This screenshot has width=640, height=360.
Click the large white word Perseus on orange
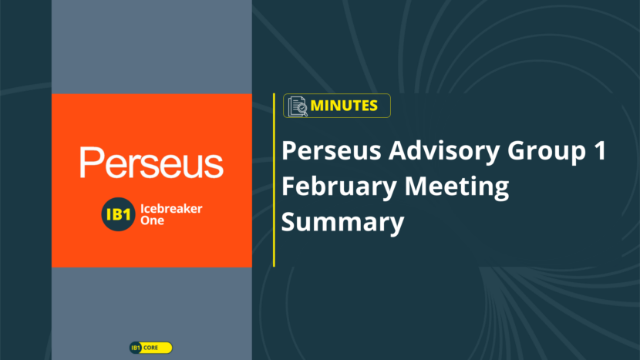pyautogui.click(x=151, y=163)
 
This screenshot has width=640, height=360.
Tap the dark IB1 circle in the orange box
pyautogui.click(x=118, y=214)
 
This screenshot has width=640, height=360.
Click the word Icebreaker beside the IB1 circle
pyautogui.click(x=171, y=209)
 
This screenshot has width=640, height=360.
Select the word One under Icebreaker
pyautogui.click(x=152, y=220)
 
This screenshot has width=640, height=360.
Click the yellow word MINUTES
pyautogui.click(x=344, y=106)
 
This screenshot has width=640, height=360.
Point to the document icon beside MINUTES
pyautogui.click(x=298, y=106)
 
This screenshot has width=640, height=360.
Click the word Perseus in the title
pyautogui.click(x=332, y=150)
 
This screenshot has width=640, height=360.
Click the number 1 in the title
pyautogui.click(x=600, y=150)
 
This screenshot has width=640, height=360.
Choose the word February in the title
pyautogui.click(x=339, y=187)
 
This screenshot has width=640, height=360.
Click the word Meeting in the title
pyautogui.click(x=456, y=187)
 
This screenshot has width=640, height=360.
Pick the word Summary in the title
pyautogui.click(x=343, y=223)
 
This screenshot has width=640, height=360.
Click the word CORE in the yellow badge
pyautogui.click(x=150, y=348)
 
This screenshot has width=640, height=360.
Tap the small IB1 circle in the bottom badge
pyautogui.click(x=136, y=348)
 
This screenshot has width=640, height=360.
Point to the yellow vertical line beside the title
pyautogui.click(x=274, y=180)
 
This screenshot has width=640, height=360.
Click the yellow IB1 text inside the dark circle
pyautogui.click(x=118, y=215)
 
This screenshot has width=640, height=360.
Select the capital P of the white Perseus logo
pyautogui.click(x=89, y=162)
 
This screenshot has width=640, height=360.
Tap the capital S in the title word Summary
pyautogui.click(x=288, y=222)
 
